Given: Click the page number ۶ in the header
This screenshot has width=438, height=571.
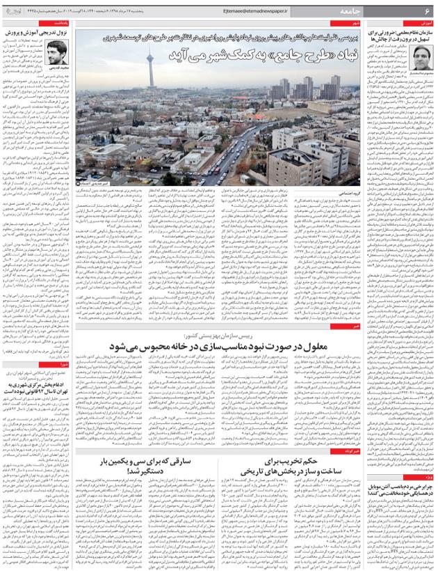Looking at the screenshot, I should (x=427, y=12).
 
